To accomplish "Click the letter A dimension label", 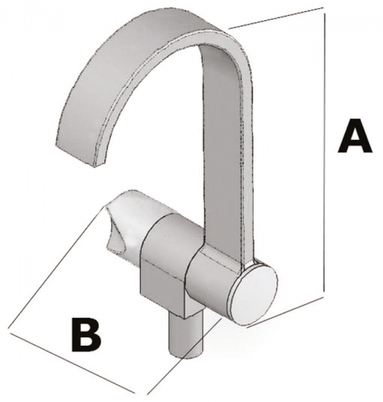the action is (x=355, y=136).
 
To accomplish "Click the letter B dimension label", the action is (x=86, y=334).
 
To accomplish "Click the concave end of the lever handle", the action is (x=114, y=228).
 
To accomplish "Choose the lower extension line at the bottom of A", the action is (x=285, y=312).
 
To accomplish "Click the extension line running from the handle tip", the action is (x=56, y=267).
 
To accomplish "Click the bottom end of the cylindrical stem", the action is (x=186, y=355).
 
